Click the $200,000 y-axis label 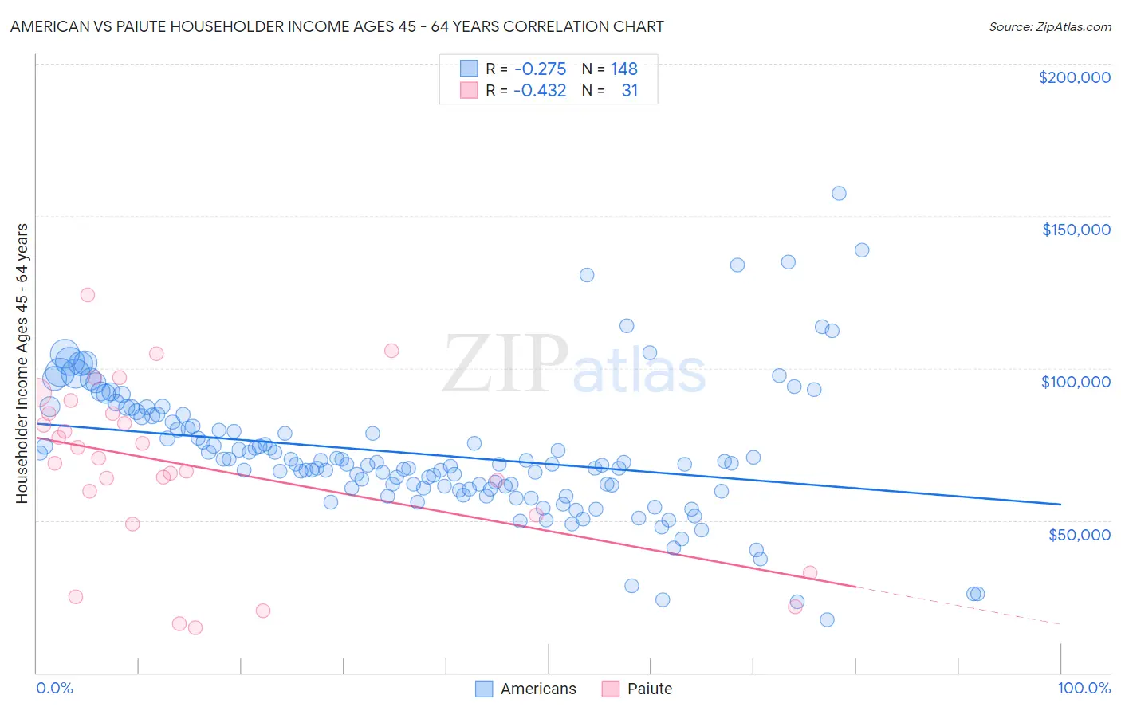click(x=1074, y=77)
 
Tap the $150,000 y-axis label click(x=1076, y=230)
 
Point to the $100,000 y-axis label click(x=1076, y=382)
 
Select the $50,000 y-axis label click(x=1079, y=534)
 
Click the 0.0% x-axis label click(x=54, y=688)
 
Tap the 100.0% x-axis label click(x=1084, y=688)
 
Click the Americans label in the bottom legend click(x=538, y=689)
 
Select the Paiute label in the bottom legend click(x=650, y=689)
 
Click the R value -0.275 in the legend click(x=540, y=69)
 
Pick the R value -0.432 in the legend click(x=540, y=90)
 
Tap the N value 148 click(x=624, y=69)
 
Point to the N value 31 click(x=630, y=90)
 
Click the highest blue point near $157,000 click(x=839, y=193)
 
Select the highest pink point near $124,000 click(x=88, y=295)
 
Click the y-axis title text click(x=22, y=363)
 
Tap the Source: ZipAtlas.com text click(x=1049, y=27)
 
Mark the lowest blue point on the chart click(x=827, y=619)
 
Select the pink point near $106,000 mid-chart click(x=391, y=351)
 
